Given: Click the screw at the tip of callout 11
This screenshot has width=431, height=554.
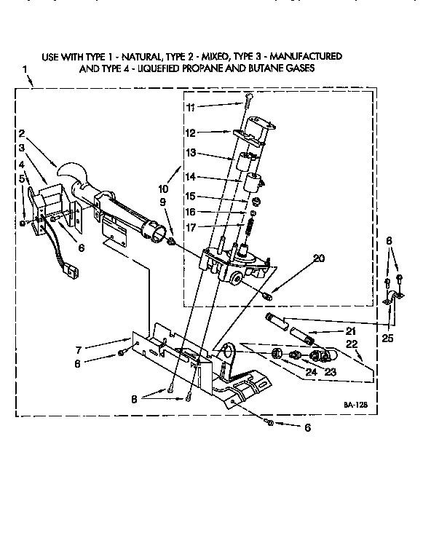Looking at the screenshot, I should click(x=249, y=100).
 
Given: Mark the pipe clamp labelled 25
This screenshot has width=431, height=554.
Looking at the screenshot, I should click(x=392, y=297).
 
